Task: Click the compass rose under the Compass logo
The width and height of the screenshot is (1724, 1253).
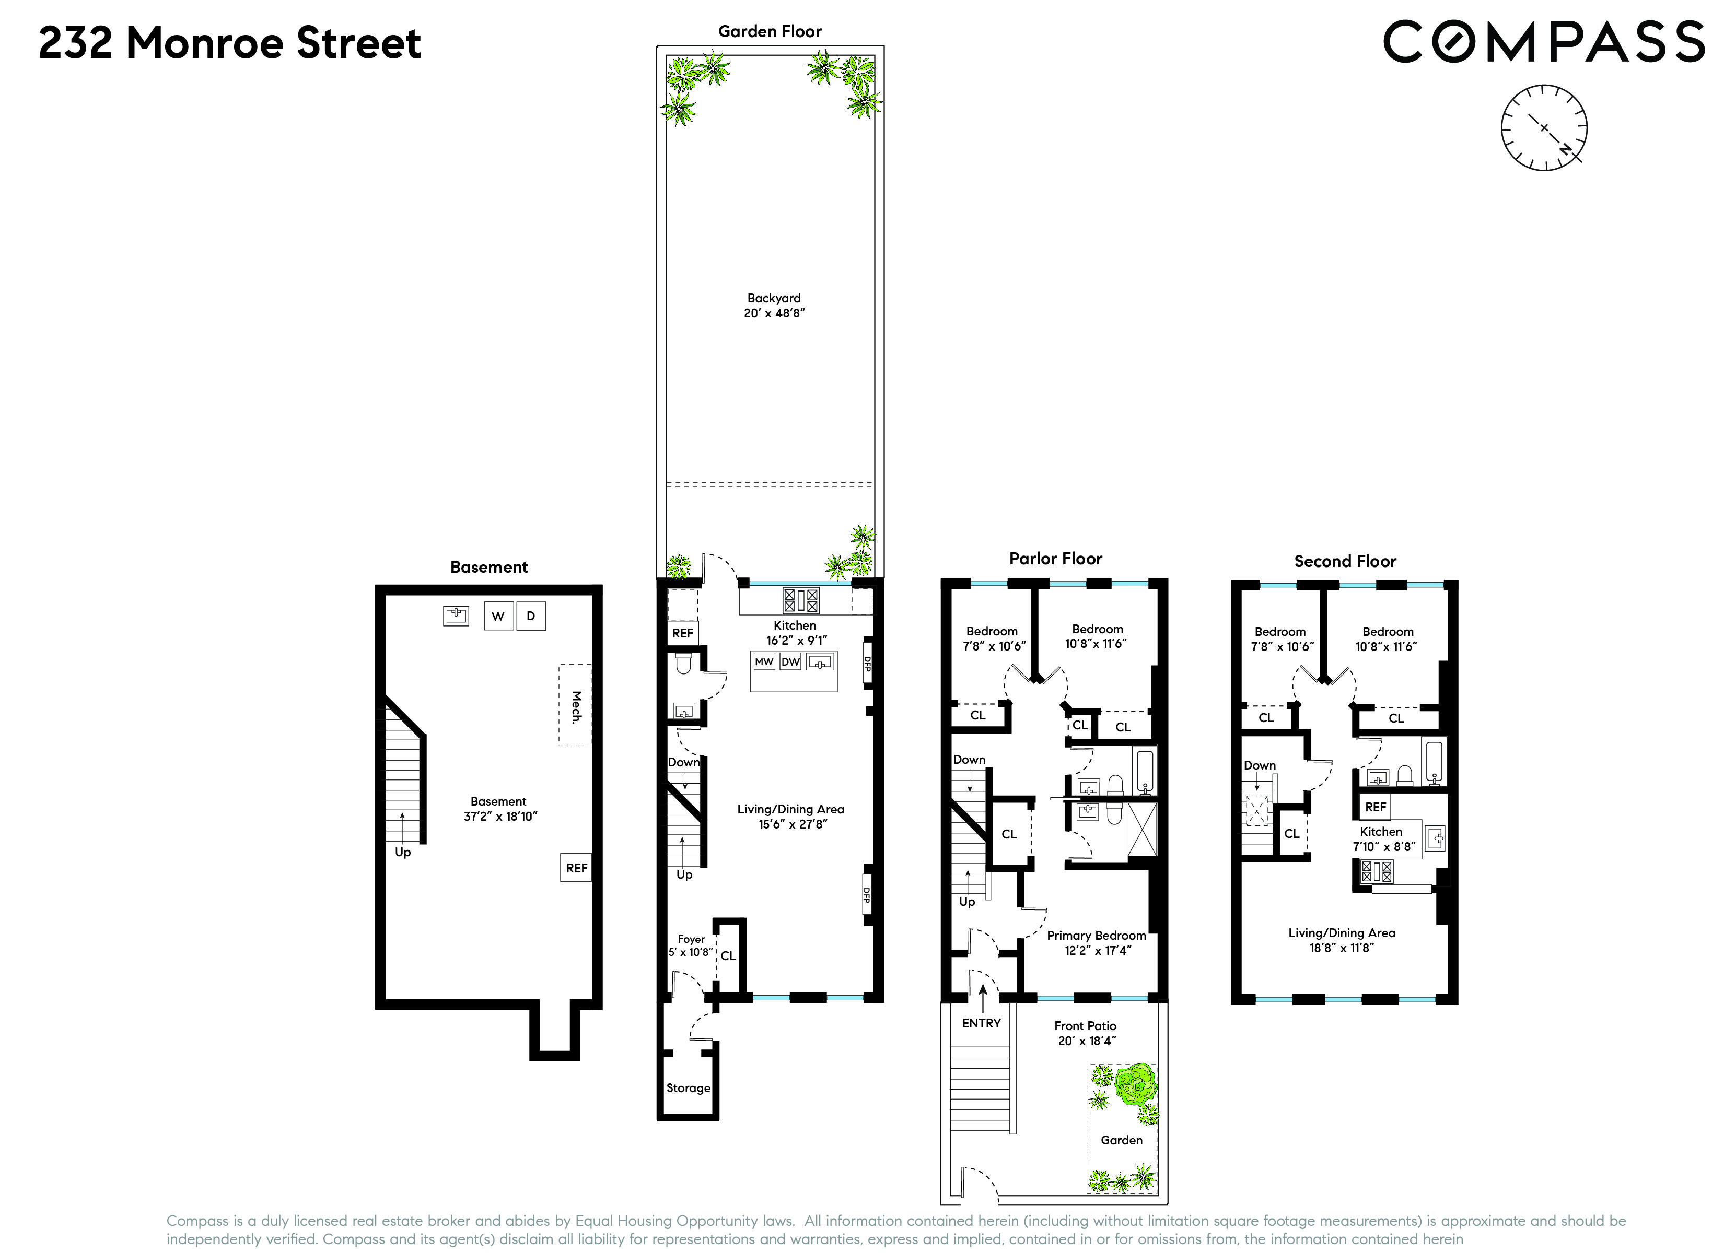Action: pos(1543,128)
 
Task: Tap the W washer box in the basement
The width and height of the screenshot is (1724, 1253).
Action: pos(498,616)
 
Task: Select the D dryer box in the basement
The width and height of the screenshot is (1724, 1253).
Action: pos(531,616)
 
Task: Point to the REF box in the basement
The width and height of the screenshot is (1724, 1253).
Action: pos(576,868)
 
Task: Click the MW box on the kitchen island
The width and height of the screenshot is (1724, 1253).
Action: pos(764,662)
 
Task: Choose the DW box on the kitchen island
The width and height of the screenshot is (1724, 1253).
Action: pos(790,662)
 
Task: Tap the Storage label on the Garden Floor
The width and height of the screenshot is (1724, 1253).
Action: pos(688,1088)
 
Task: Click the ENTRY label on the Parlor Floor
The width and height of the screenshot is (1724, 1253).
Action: pos(981,1023)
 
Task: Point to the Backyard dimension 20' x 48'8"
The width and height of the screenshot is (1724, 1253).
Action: pos(774,313)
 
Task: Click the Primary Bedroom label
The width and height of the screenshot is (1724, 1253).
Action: pos(1096,936)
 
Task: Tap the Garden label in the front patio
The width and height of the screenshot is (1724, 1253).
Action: pos(1121,1140)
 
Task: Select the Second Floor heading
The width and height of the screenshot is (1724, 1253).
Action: pos(1345,562)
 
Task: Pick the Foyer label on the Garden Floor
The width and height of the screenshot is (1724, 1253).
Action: pos(691,939)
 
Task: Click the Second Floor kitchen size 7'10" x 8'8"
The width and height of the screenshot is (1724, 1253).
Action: pos(1383,846)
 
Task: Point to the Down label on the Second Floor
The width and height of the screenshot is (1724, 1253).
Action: pos(1260,765)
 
